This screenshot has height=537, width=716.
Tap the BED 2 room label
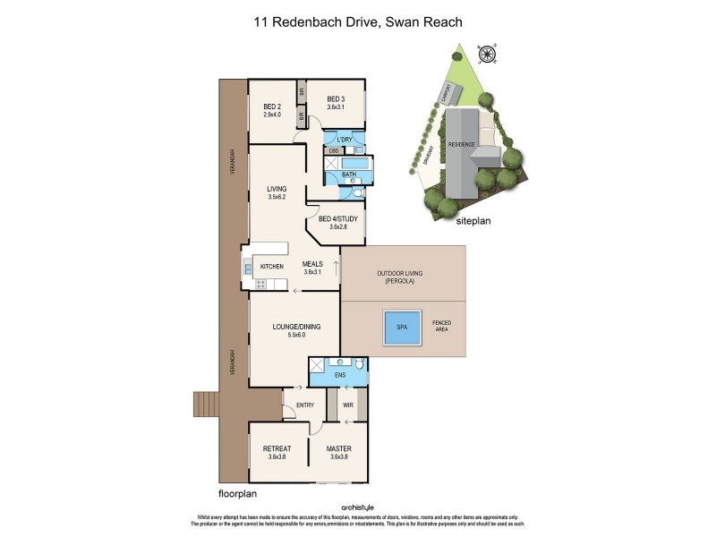tap(272, 107)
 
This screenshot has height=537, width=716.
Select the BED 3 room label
tap(336, 98)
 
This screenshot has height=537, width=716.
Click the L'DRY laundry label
tap(345, 141)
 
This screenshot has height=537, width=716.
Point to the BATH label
tap(349, 175)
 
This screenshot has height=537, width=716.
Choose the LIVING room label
tap(277, 189)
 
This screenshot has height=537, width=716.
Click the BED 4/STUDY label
tap(336, 218)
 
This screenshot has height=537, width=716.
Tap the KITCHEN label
tap(271, 267)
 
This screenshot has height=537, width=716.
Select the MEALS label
tap(312, 263)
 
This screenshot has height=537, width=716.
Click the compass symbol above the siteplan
tap(488, 55)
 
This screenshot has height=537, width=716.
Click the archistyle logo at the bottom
tap(357, 507)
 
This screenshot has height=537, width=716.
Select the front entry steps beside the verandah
tap(206, 405)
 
